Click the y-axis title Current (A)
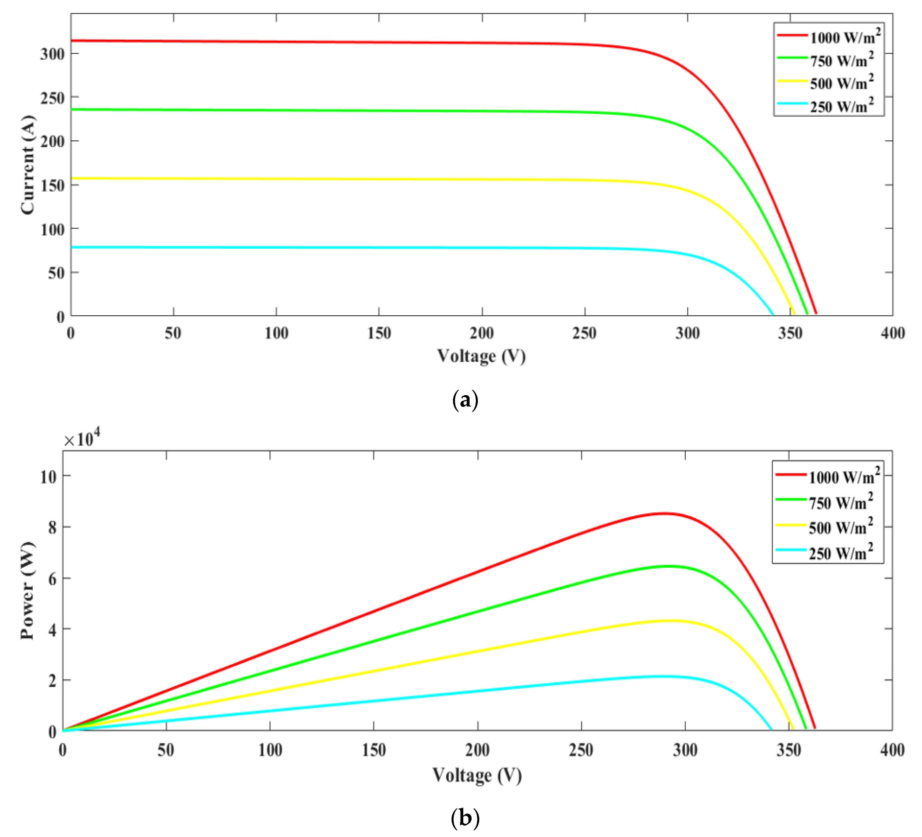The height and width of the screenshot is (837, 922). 27,165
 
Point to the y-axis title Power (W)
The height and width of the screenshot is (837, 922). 27,591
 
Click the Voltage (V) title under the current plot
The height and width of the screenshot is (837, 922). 481,356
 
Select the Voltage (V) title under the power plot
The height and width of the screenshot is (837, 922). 477,775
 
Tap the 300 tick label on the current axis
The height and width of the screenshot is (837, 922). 52,54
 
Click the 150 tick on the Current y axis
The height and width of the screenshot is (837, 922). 52,185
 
